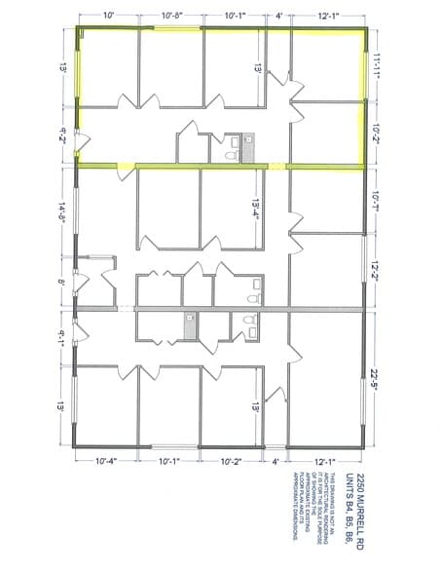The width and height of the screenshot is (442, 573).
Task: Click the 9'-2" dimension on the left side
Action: [x=63, y=135]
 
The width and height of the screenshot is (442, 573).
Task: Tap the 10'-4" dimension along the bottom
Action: [x=106, y=461]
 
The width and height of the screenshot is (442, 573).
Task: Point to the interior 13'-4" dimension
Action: [x=256, y=213]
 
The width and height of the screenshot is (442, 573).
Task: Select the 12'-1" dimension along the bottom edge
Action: [x=324, y=461]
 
